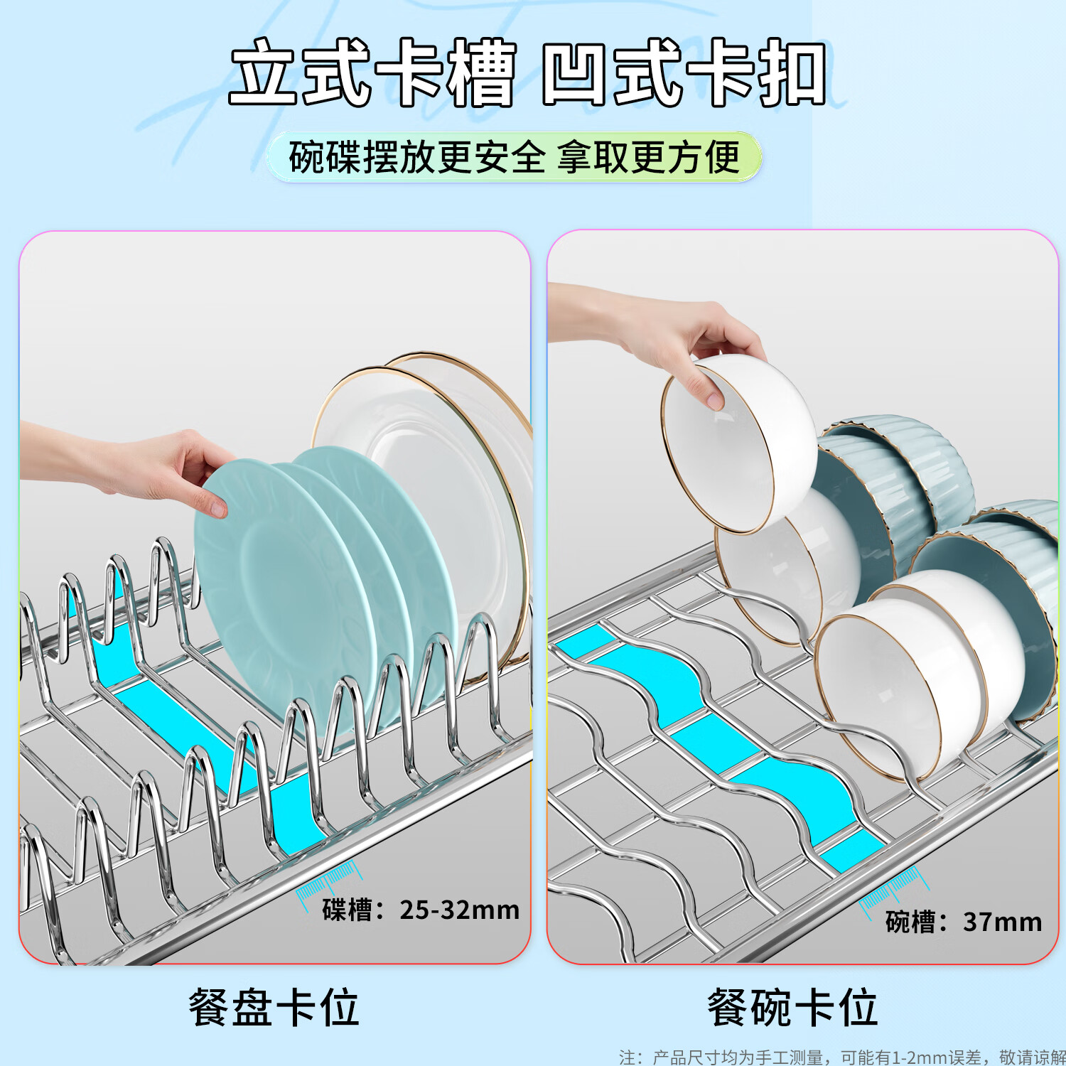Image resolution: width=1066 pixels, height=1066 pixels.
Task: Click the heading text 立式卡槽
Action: click(x=372, y=73)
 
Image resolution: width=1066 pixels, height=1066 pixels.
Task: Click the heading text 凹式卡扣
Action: click(x=684, y=73)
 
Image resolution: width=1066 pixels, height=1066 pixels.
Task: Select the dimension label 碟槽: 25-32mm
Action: click(x=420, y=910)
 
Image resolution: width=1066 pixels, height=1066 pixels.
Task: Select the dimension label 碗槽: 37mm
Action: click(x=963, y=922)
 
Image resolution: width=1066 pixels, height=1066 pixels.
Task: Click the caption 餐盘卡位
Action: click(x=274, y=1007)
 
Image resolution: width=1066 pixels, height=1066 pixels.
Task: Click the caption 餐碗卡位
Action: click(x=792, y=1007)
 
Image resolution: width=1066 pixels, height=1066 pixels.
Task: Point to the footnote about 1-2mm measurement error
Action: click(x=841, y=1057)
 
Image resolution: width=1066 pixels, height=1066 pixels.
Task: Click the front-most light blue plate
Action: click(x=284, y=590)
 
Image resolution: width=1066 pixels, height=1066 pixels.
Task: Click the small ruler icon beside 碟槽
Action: click(x=328, y=881)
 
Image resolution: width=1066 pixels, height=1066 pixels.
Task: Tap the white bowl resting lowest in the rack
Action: click(x=895, y=682)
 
